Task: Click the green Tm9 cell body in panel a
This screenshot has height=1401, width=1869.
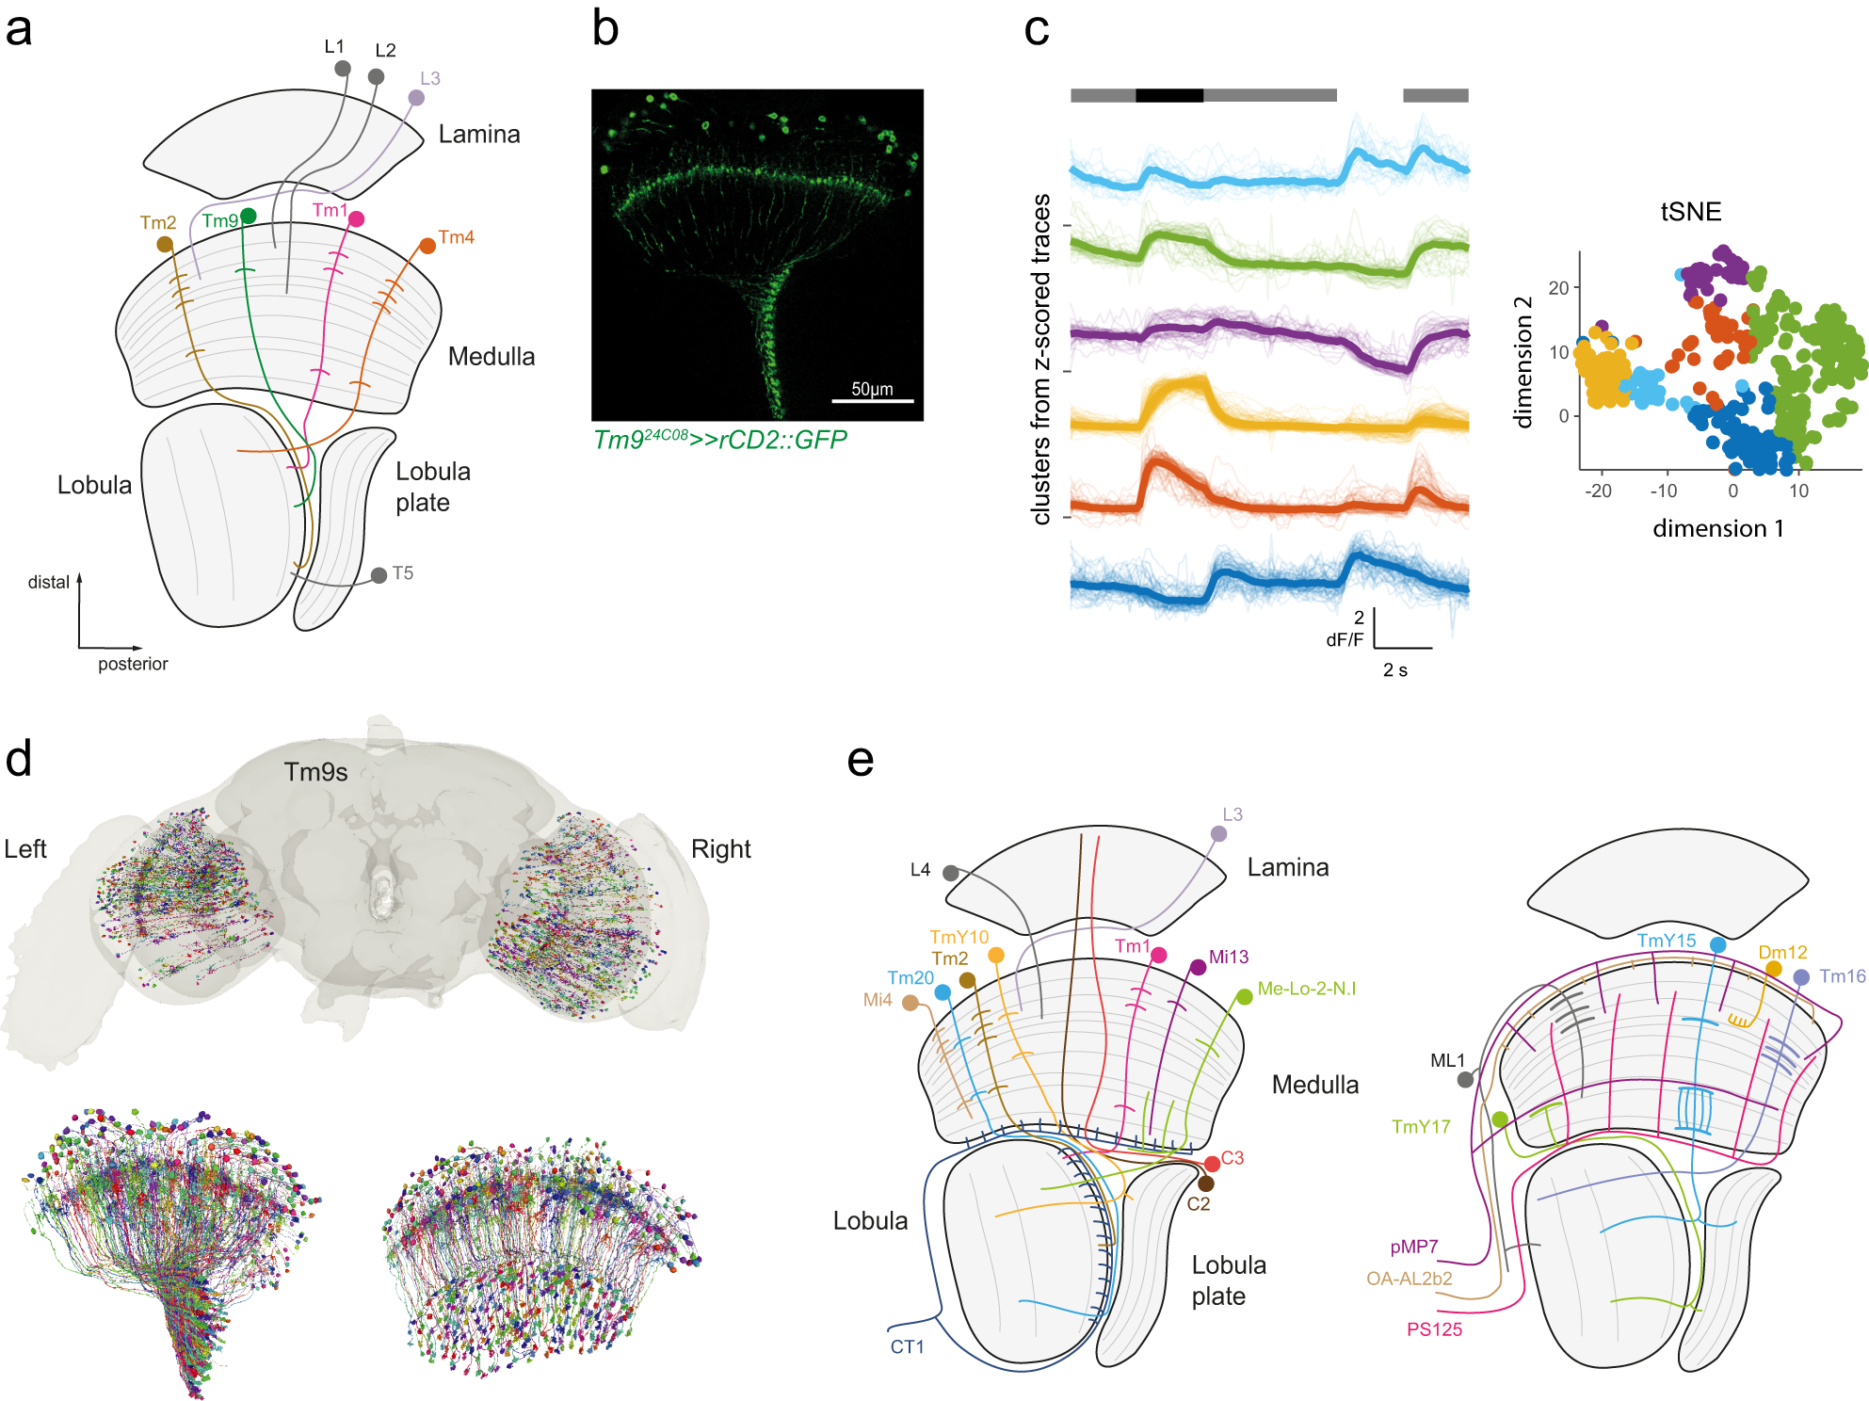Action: coord(249,217)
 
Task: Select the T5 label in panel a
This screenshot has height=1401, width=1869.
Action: coord(403,573)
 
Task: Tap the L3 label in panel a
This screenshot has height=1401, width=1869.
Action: coord(430,78)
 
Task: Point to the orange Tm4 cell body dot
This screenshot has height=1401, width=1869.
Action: coord(427,246)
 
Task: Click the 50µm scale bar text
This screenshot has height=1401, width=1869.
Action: coord(872,389)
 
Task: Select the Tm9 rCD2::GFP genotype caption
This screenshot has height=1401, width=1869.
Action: coord(720,440)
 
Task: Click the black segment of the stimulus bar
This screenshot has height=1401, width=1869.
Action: coord(1169,95)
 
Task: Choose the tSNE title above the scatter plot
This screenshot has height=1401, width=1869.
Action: coord(1691,211)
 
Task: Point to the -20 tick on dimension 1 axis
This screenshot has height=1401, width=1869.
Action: coord(1599,491)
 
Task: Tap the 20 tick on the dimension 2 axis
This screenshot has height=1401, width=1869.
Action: coord(1559,288)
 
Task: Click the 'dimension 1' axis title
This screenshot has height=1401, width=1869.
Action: coord(1718,528)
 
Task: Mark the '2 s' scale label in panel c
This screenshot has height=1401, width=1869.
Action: coord(1395,670)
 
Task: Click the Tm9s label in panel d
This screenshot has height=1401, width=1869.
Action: coord(316,772)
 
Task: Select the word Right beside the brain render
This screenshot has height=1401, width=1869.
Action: coord(721,849)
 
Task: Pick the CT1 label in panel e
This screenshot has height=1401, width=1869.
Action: coord(908,1346)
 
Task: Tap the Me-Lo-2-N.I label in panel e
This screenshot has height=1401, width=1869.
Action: coord(1307,989)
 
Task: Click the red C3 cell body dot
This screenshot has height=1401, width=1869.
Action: coord(1213,1165)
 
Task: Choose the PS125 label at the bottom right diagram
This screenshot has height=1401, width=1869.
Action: coord(1435,1329)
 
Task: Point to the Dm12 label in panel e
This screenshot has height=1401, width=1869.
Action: coord(1783,952)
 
